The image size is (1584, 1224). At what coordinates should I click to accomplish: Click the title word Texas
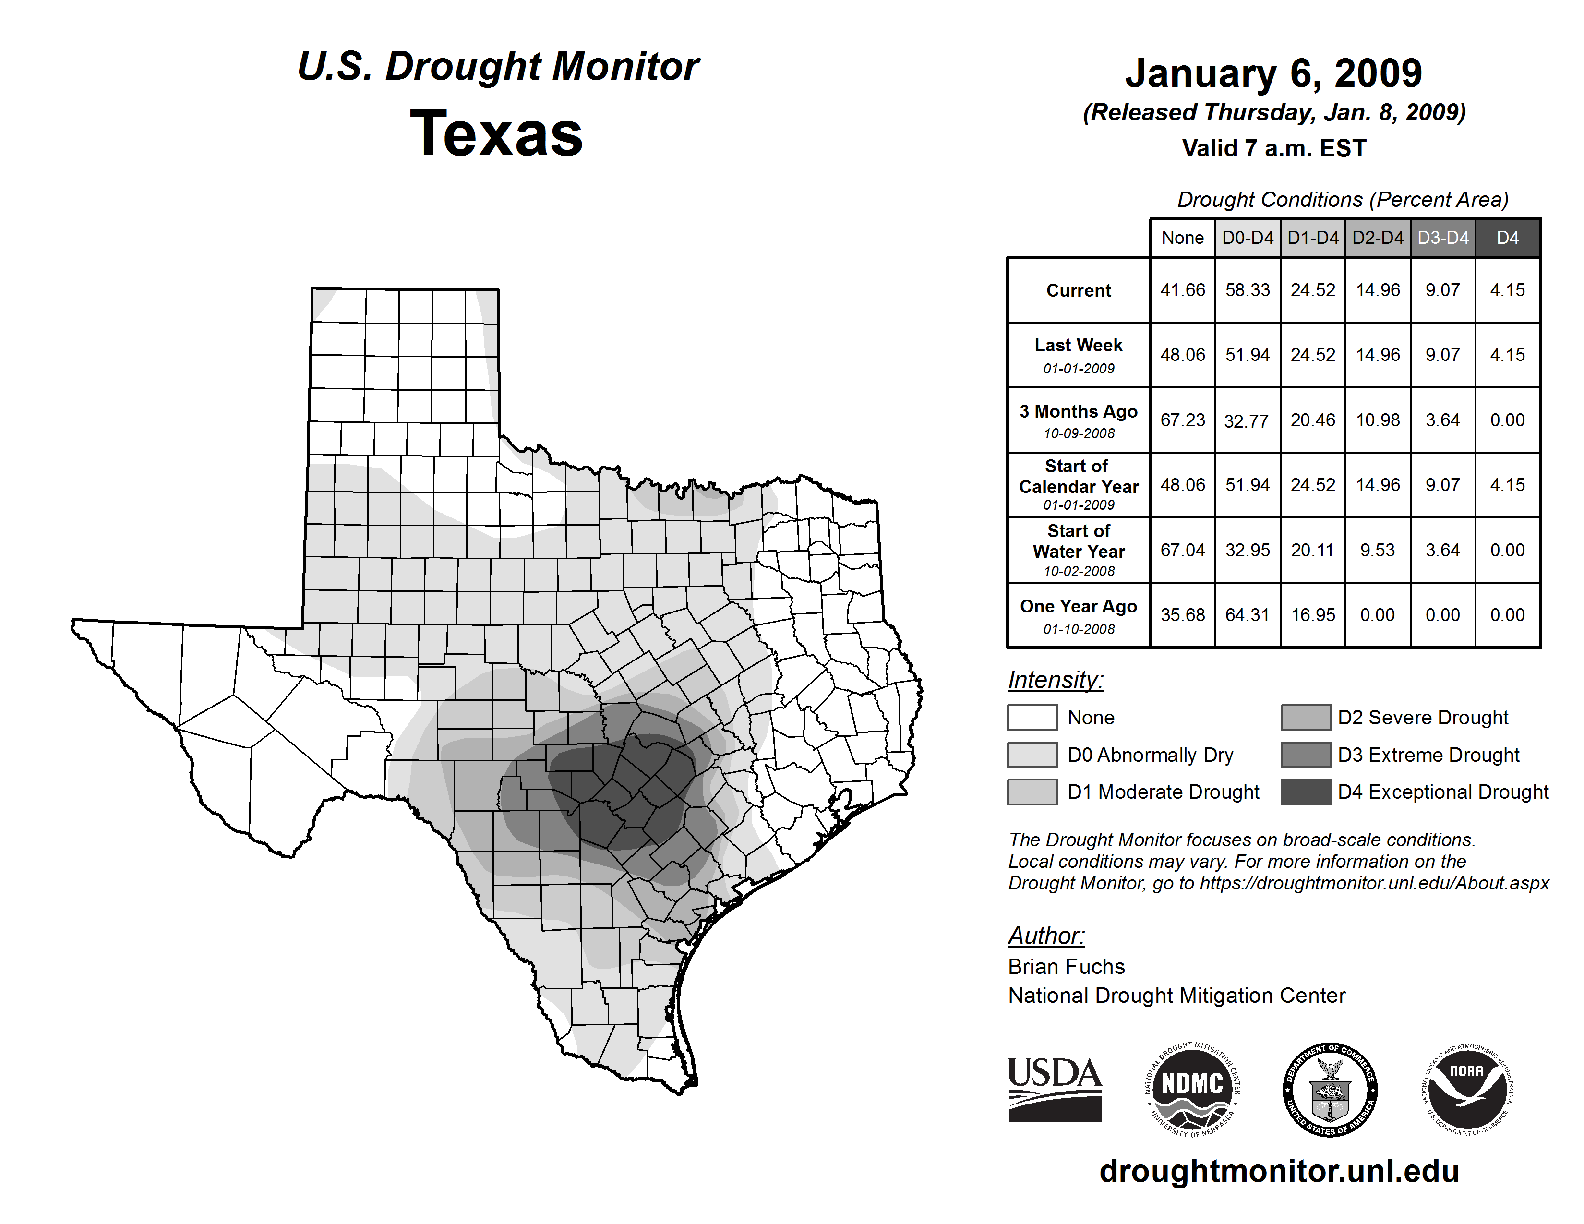[496, 134]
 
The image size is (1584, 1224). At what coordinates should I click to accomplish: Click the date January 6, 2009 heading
[1273, 73]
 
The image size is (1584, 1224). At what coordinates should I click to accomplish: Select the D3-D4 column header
[1442, 238]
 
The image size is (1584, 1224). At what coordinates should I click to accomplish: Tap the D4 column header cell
[1507, 238]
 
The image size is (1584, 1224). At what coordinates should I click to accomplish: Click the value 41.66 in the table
[1182, 290]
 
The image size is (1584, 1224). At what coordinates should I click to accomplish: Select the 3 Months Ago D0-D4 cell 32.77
[1247, 420]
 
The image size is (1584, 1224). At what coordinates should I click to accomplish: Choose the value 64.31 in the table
[1247, 615]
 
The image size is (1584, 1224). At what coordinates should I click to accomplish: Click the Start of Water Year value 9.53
[1377, 551]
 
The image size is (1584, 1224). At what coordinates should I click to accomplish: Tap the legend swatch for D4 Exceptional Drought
[1306, 792]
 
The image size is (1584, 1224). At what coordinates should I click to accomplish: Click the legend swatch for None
[1032, 717]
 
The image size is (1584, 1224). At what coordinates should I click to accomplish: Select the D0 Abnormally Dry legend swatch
[1032, 754]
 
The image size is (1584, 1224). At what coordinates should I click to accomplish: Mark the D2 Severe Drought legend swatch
[1306, 717]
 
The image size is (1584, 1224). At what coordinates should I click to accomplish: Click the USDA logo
[1055, 1089]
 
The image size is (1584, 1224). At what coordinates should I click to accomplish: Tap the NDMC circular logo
[1192, 1089]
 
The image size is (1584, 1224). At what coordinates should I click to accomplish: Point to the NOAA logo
[1466, 1089]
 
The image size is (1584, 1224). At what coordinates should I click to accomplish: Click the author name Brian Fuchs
[1066, 967]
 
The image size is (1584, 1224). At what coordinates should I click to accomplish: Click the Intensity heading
[1055, 680]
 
